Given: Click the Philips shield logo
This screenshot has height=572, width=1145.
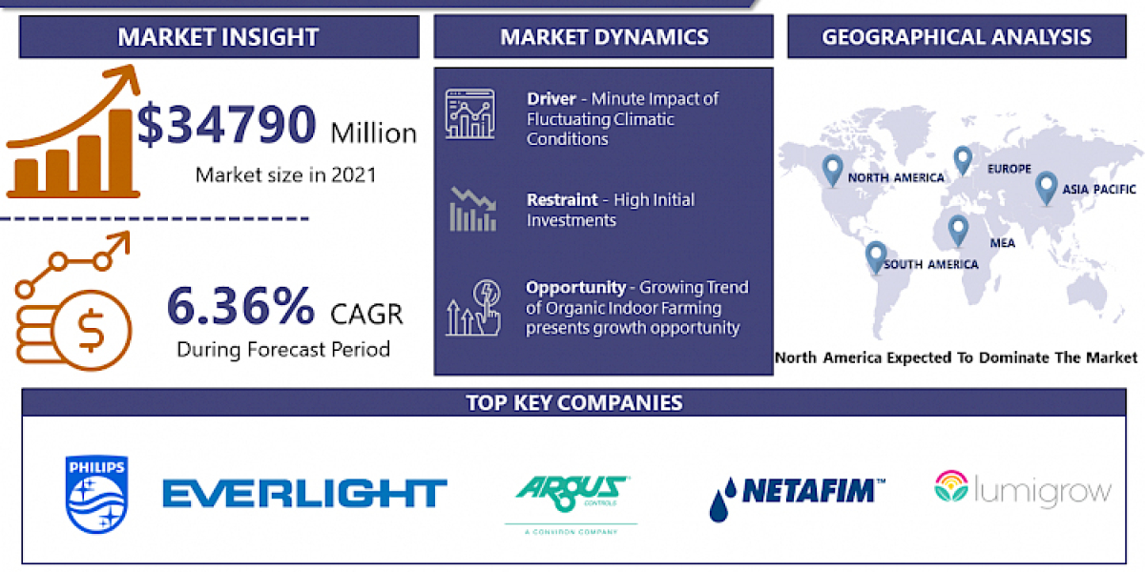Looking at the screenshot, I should coord(96,494).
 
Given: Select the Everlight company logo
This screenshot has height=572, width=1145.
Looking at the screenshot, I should coord(304,493).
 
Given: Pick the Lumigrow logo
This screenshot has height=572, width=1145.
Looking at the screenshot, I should coord(1023,490).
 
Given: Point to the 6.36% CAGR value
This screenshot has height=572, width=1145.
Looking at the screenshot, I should coord(240,306).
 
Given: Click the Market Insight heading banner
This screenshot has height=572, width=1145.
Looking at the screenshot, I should coord(218,37).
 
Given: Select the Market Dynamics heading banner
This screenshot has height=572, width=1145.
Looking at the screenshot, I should coord(603,37).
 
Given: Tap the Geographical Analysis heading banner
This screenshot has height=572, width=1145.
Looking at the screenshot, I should coord(956,37).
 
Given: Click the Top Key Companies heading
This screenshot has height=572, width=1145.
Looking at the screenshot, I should coord(573,402).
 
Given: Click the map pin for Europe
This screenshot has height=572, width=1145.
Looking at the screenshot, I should coord(962,159).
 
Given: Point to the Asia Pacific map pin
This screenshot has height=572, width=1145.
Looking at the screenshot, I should coord(1046,185).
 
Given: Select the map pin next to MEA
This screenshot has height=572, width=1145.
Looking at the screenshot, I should coord(957,229).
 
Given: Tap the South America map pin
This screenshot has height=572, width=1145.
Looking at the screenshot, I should coord(875,255).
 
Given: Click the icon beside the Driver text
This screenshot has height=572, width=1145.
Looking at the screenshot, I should coord(470,113).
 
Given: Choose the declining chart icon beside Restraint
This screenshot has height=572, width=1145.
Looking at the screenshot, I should coord(473,209).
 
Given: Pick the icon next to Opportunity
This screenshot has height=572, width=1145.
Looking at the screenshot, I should coord(472,306).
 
